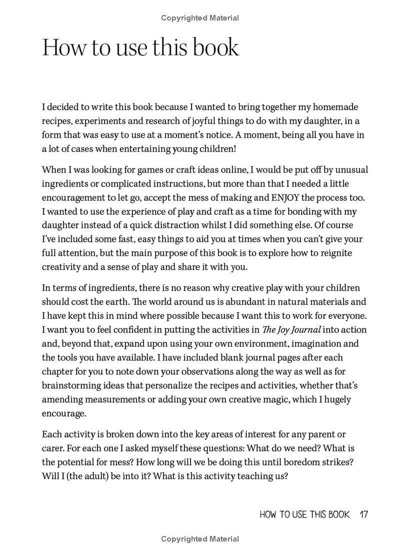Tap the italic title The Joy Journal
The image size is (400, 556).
291,330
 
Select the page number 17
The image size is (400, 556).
363,515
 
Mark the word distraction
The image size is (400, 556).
187,225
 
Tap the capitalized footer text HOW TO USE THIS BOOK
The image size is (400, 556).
304,515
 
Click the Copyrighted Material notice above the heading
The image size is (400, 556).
200,18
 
